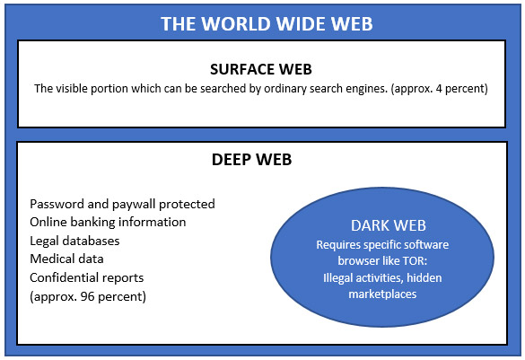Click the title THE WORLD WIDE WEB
point(267,23)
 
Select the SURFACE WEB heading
point(261,69)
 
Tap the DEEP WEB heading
point(252,160)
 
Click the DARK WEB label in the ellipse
point(389,225)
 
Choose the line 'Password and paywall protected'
point(122,205)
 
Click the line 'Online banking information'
point(108,222)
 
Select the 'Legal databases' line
point(74,241)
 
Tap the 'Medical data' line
point(66,259)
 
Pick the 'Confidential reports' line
point(87,277)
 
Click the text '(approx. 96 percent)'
point(88,296)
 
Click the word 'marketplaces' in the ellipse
point(382,294)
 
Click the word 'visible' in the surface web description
point(70,89)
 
